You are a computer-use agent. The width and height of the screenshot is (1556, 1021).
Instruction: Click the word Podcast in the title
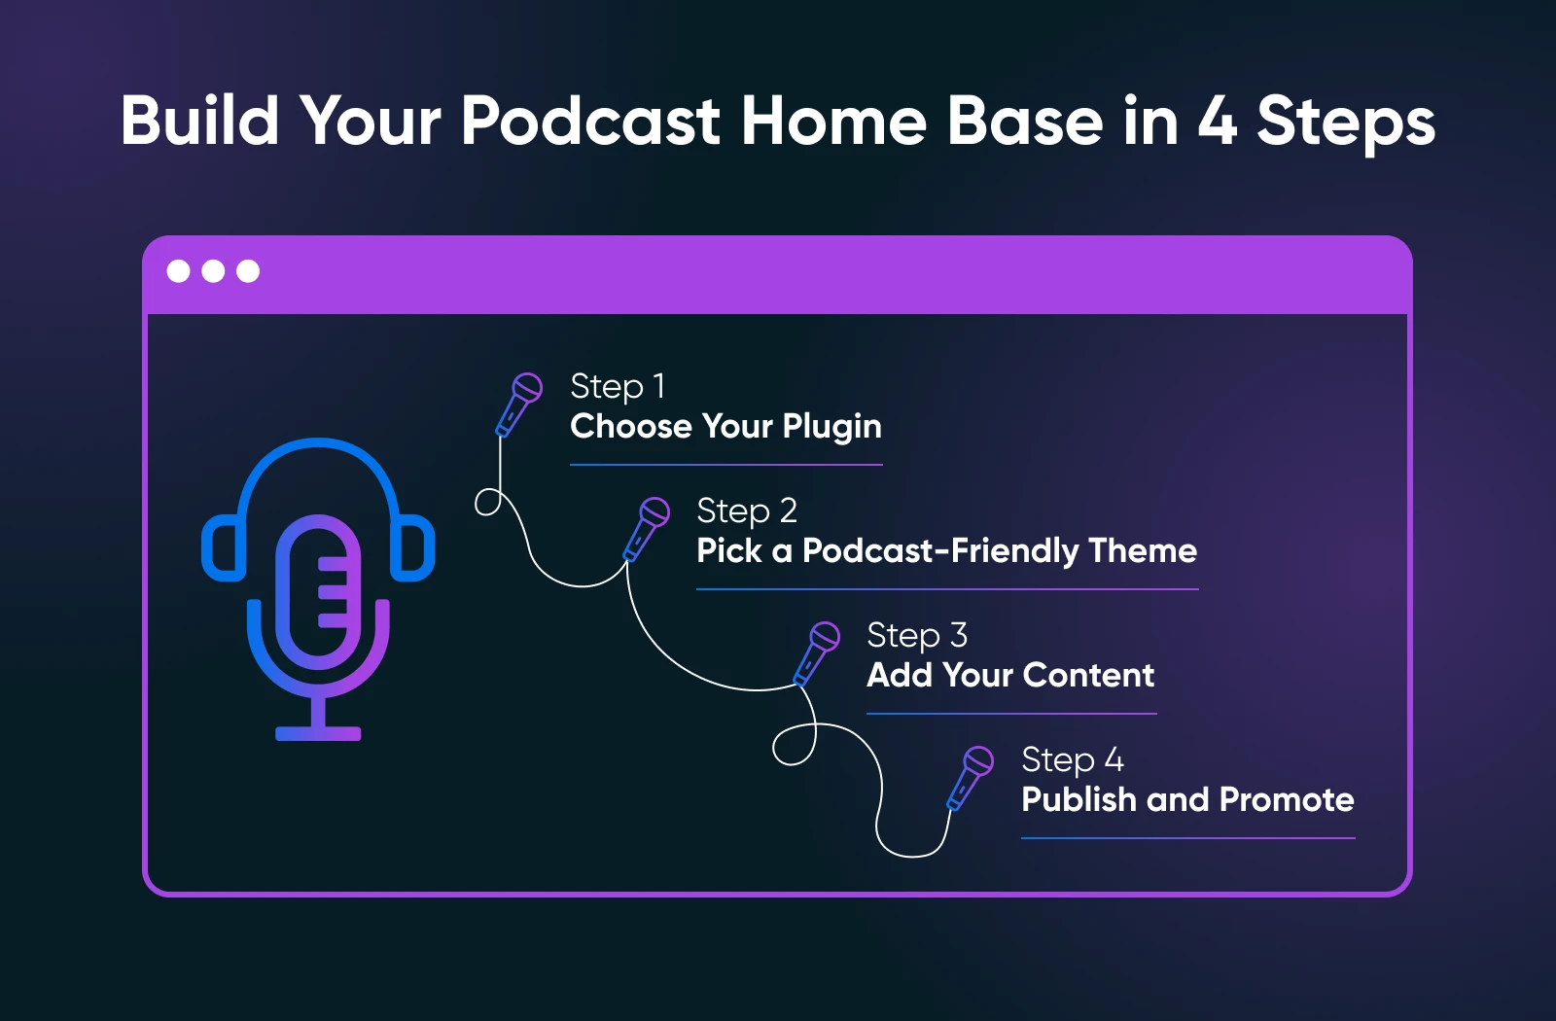591,121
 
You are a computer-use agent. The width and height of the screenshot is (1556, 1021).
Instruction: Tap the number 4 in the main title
1217,121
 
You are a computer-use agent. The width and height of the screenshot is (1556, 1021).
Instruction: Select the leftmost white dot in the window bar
179,271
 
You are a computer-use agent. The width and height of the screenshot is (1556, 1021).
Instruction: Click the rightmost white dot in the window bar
248,271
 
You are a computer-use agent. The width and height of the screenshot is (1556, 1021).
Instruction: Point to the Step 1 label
618,386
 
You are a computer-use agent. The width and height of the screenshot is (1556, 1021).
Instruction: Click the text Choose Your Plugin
725,426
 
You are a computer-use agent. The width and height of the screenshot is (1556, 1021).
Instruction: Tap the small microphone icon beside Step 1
518,405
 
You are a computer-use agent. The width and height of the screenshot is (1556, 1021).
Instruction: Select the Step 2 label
747,511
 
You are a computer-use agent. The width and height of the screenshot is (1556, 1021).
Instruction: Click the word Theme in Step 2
1143,550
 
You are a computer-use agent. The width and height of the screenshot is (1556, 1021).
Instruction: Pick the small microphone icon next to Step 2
646,529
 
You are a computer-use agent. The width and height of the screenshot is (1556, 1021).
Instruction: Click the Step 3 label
917,636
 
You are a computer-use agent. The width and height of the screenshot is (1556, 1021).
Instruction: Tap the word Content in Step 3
1088,675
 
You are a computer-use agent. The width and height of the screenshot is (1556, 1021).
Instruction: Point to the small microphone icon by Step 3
816,653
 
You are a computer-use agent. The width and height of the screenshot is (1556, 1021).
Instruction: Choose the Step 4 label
1073,759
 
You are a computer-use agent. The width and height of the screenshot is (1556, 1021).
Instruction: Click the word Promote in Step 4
1287,799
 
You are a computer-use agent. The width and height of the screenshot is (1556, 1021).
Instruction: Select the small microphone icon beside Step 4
970,778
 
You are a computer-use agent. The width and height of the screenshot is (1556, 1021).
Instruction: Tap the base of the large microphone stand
318,733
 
